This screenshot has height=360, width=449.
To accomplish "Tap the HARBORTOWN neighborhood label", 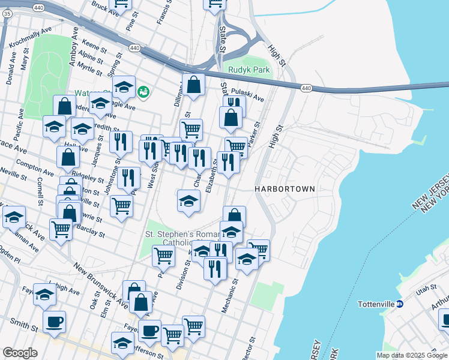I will click(x=285, y=188).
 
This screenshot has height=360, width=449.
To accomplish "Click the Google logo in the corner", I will click(x=20, y=353).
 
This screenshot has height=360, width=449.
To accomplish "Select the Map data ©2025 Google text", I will click(x=412, y=355).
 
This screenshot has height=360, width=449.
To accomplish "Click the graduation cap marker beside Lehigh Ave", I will click(x=44, y=294).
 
